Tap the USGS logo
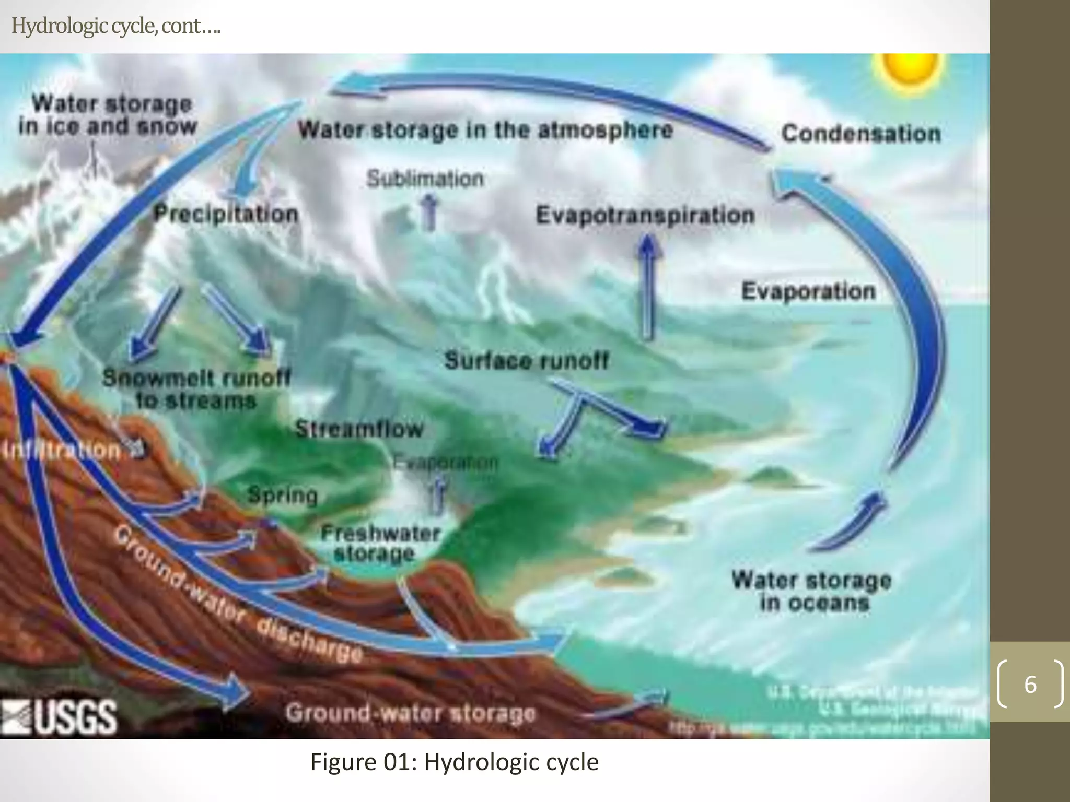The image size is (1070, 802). tap(60, 716)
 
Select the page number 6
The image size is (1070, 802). tap(1030, 684)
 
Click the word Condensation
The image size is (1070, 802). tap(861, 134)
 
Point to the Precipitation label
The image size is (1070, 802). tap(226, 214)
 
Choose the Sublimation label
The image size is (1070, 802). tap(425, 179)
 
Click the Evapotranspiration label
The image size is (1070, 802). tap(645, 215)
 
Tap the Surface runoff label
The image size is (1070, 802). tap(527, 360)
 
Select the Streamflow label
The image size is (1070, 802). tap(359, 429)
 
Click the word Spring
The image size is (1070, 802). tap(283, 495)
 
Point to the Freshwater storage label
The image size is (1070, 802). tap(380, 543)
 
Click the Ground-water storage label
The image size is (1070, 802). tap(411, 713)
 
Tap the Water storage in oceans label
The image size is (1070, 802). tap(812, 591)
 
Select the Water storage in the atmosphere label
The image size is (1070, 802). tap(485, 129)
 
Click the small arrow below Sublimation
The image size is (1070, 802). tap(429, 211)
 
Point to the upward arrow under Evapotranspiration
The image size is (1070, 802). tap(648, 287)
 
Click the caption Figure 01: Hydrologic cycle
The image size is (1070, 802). tap(454, 762)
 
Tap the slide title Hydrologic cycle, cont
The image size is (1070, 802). tap(115, 26)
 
